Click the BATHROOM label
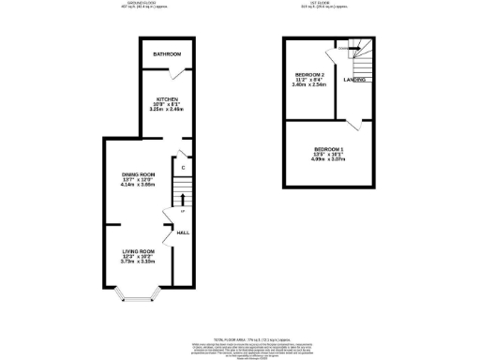click(166, 53)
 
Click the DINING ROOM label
click(138, 175)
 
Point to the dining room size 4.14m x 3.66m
click(138, 187)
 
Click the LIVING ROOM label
click(138, 251)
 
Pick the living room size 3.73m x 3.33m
click(138, 262)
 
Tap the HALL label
click(185, 232)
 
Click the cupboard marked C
click(184, 168)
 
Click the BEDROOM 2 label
click(309, 74)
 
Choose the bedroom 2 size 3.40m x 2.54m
click(309, 85)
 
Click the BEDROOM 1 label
click(329, 150)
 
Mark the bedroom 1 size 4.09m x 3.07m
click(329, 160)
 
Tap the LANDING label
click(354, 81)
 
